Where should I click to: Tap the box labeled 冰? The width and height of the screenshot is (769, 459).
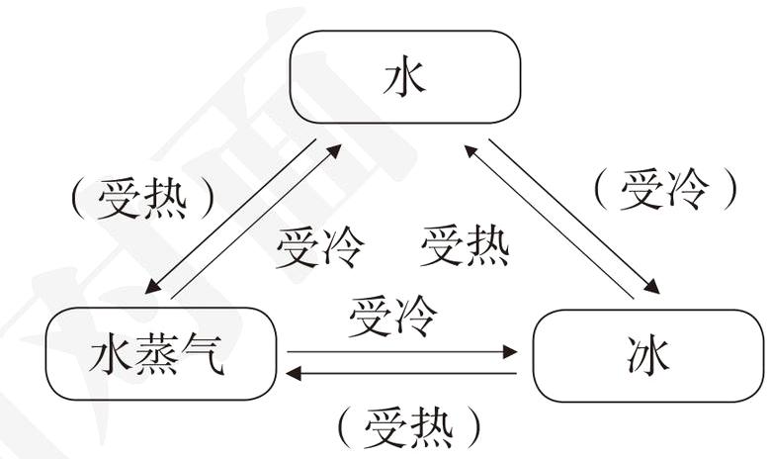(647, 355)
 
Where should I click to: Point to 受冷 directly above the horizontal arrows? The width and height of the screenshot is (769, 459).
(392, 317)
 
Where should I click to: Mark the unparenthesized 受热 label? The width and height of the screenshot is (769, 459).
(465, 246)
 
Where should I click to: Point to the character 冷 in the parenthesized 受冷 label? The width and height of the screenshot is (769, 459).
(685, 188)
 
